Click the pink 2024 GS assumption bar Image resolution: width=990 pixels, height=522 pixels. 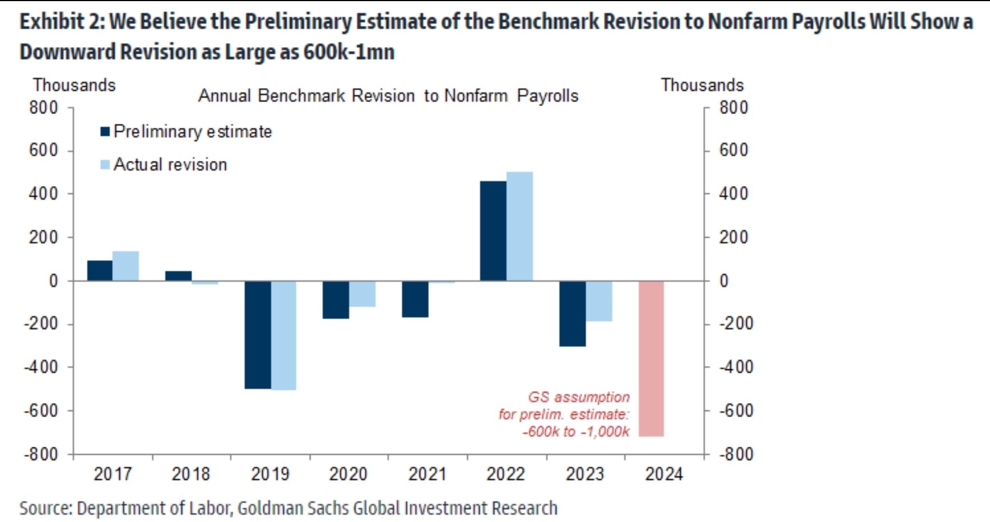pyautogui.click(x=651, y=358)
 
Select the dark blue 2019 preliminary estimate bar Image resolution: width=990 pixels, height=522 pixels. pyautogui.click(x=258, y=335)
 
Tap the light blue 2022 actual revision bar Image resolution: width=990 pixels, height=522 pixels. pyautogui.click(x=519, y=226)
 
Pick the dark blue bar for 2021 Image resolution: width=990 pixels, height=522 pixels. pyautogui.click(x=415, y=299)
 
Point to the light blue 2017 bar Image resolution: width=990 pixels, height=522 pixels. pyautogui.click(x=126, y=266)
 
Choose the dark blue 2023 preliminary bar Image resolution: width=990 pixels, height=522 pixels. pyautogui.click(x=573, y=313)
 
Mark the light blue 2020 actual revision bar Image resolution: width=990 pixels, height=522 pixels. pyautogui.click(x=362, y=294)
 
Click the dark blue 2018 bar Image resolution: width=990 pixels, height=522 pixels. pyautogui.click(x=178, y=276)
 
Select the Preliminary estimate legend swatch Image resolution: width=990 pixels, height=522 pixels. pyautogui.click(x=105, y=131)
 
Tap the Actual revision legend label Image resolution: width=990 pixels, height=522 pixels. pyautogui.click(x=170, y=164)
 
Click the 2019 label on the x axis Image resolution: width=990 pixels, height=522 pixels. pyautogui.click(x=269, y=474)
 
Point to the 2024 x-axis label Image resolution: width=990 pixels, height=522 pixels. pyautogui.click(x=664, y=474)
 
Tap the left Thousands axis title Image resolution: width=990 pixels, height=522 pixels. pyautogui.click(x=74, y=85)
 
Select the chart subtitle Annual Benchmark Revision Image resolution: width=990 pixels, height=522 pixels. pyautogui.click(x=388, y=96)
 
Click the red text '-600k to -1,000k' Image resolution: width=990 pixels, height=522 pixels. pyautogui.click(x=575, y=432)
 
